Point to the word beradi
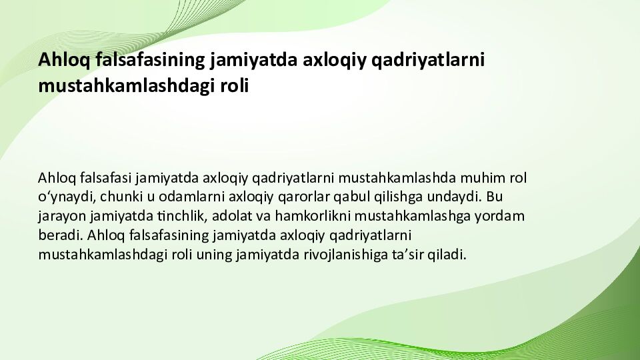point(58,235)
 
